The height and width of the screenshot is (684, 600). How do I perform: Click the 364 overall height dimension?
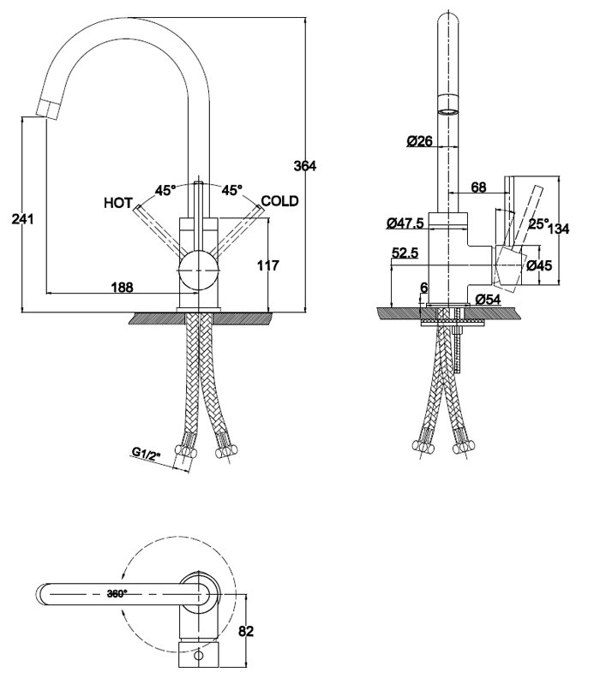pos(305,166)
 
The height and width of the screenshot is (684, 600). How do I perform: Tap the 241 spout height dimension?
pos(22,219)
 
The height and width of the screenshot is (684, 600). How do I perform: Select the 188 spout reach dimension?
pos(123,287)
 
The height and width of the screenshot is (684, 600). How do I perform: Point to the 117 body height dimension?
pos(267,265)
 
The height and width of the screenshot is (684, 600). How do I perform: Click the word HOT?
pos(118,203)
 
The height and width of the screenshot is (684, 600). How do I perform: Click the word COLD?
pos(280,201)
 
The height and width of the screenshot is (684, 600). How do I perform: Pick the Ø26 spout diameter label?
pos(420,141)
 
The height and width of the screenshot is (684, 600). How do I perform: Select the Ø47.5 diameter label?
pos(405,223)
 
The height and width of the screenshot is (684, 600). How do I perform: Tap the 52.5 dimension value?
pos(405,253)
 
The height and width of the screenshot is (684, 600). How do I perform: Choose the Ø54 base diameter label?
pos(488,300)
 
